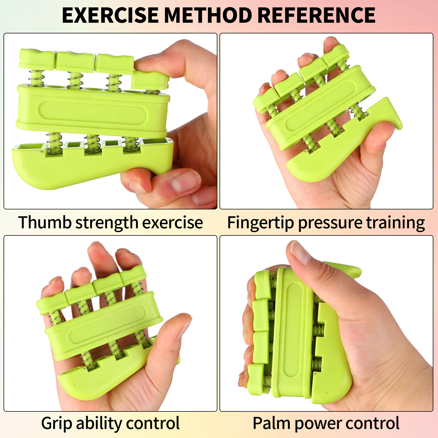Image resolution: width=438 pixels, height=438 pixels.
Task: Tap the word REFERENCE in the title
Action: (316, 15)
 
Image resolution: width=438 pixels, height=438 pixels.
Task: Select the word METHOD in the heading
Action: (208, 15)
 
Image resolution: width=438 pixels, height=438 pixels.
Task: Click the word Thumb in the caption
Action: (45, 222)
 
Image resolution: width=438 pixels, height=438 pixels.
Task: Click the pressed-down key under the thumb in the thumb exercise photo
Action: (150, 80)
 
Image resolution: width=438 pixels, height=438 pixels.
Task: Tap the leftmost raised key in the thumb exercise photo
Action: (37, 59)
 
